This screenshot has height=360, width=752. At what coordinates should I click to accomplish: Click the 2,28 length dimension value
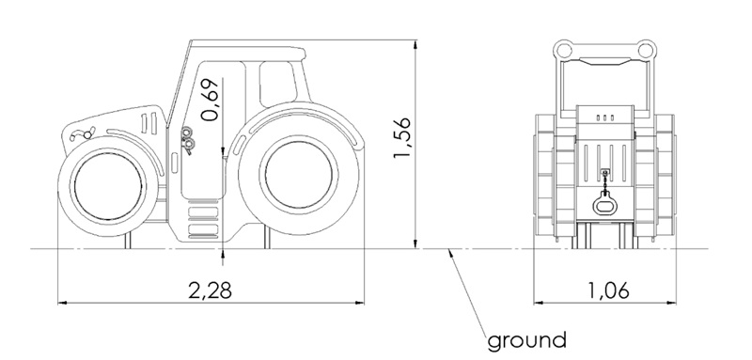(210, 290)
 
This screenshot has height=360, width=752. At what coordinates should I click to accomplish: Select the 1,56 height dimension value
(402, 137)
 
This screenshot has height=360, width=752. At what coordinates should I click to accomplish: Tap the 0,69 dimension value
(210, 100)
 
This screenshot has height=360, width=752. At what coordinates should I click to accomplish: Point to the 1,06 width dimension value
(608, 290)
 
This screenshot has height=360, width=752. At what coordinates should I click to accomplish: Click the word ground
(526, 341)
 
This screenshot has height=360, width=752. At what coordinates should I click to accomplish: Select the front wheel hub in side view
(108, 187)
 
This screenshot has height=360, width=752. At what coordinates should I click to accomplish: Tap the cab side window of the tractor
(277, 85)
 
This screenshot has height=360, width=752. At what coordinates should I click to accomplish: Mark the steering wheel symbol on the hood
(83, 134)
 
